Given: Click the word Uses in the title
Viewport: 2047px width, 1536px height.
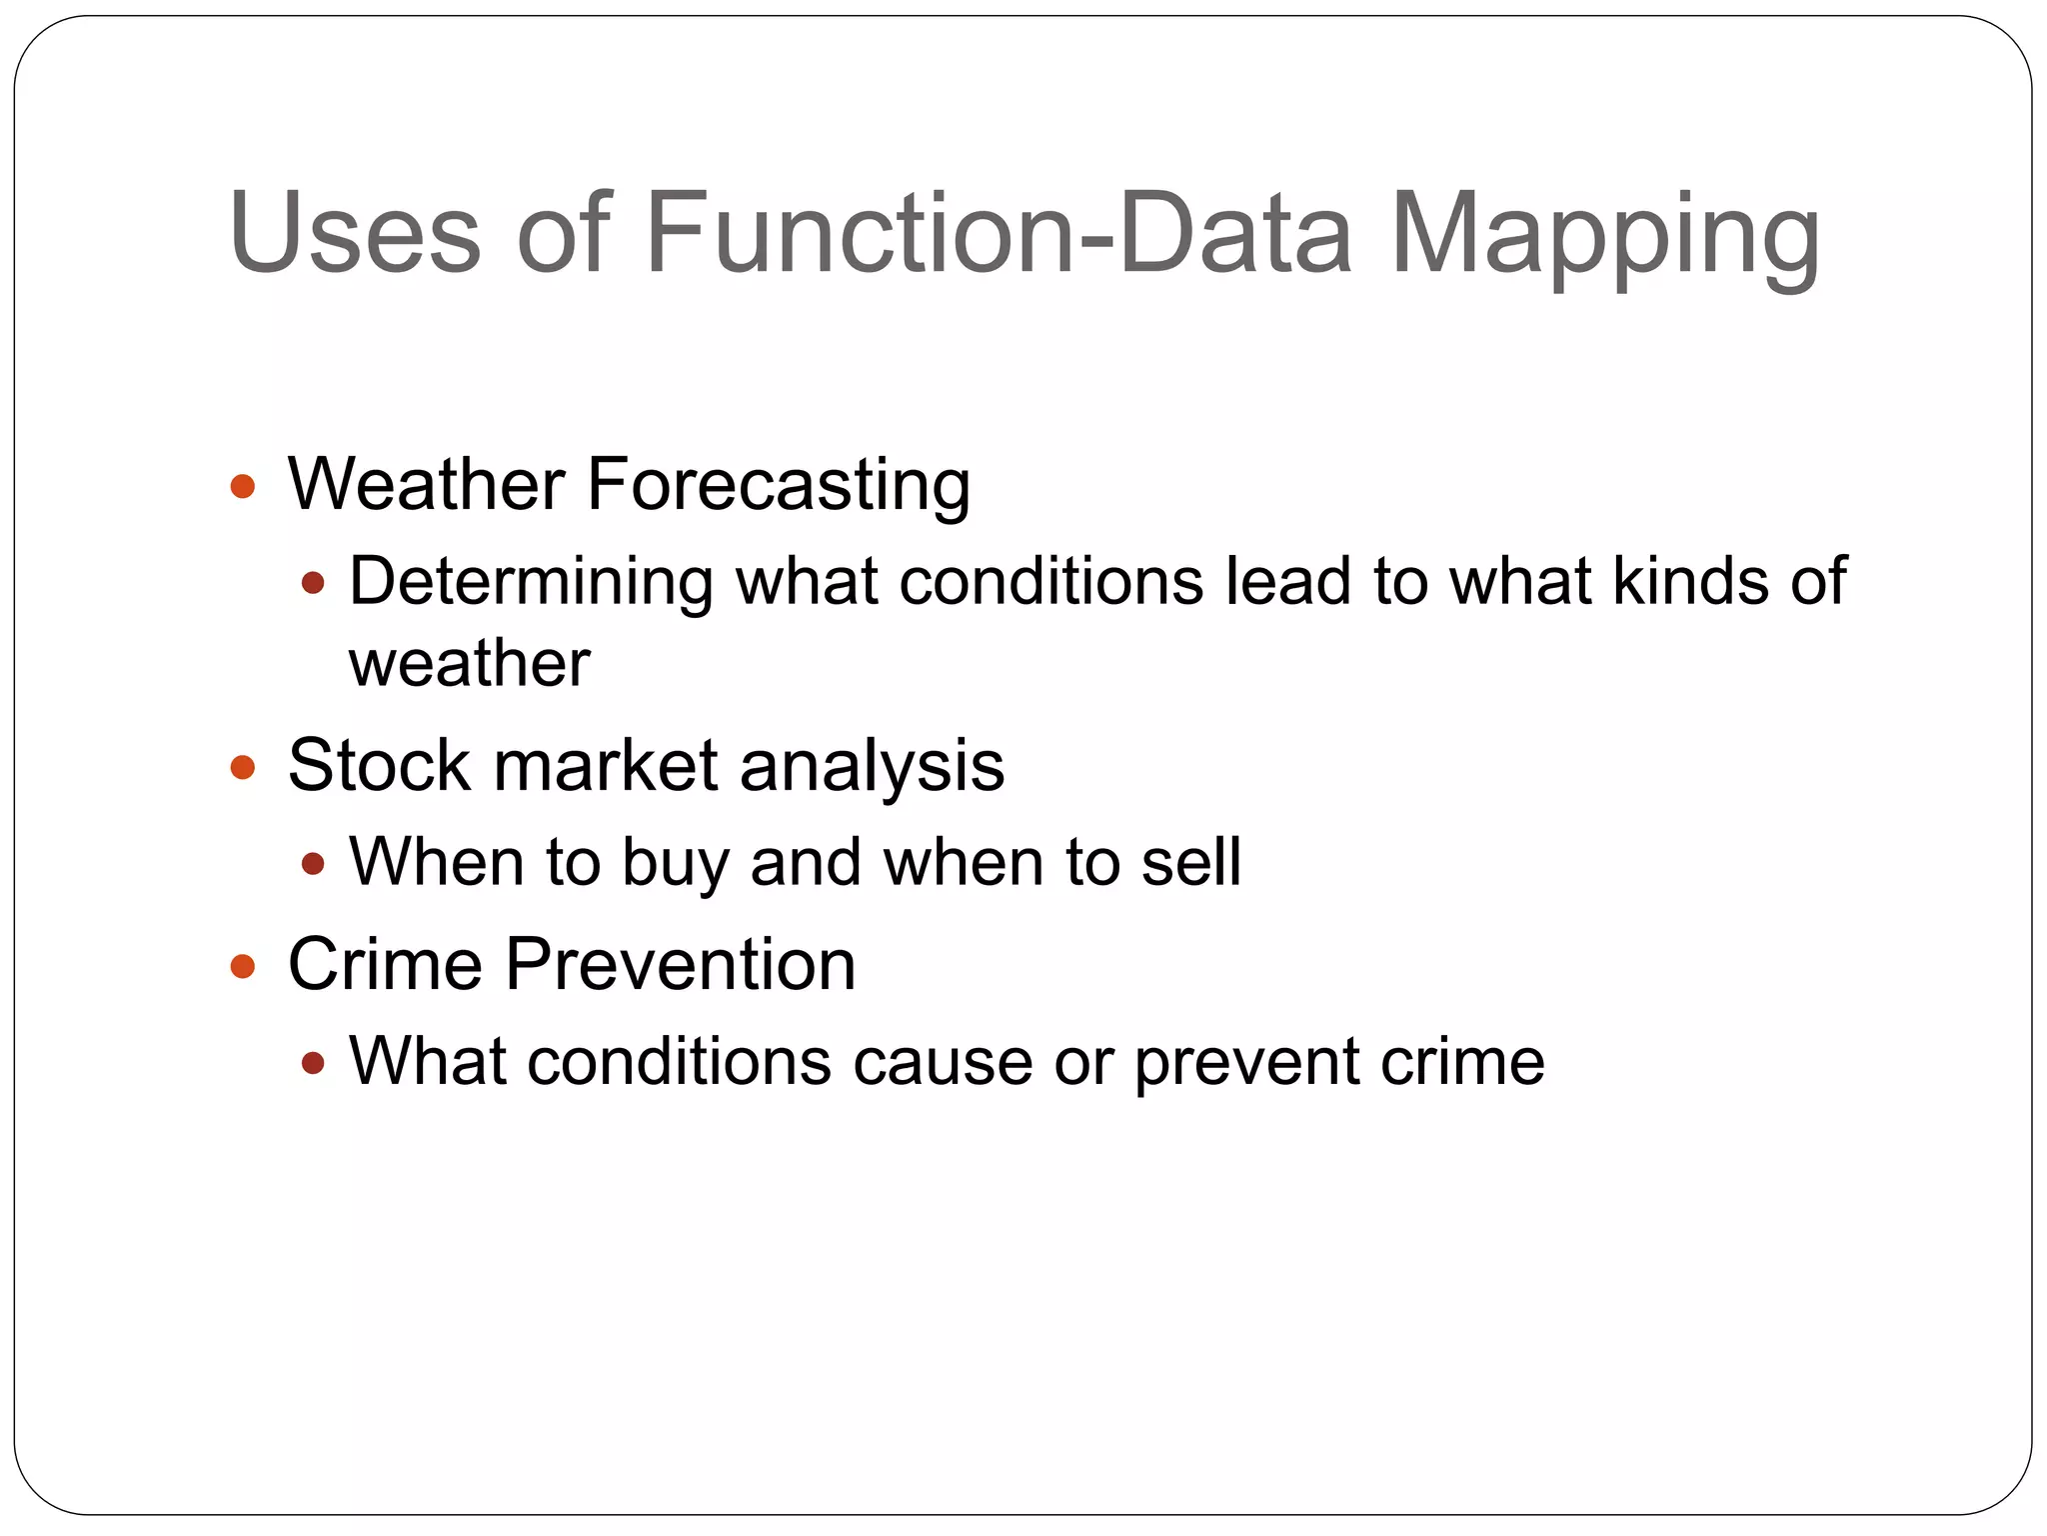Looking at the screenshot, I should point(355,233).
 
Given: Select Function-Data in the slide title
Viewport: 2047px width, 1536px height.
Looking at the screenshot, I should point(1000,233).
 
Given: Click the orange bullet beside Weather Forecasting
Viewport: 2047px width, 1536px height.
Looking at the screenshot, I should point(243,487).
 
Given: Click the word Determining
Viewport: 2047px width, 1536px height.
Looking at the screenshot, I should point(531,582).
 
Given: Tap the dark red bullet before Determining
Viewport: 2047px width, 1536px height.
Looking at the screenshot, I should point(313,582).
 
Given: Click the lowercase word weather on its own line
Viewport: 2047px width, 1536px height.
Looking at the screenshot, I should point(469,664).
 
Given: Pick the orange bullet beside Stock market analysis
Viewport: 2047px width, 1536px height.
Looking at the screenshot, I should point(243,768).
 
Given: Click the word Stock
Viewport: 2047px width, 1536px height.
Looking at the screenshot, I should point(378,766).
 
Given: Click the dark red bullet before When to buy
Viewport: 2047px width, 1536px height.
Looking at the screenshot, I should point(313,863).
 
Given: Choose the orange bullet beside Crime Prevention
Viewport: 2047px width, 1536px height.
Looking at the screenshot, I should point(243,966).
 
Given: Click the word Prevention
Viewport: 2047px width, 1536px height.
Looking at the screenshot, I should point(680,964).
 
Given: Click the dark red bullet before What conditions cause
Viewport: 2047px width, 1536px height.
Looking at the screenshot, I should point(313,1062).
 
